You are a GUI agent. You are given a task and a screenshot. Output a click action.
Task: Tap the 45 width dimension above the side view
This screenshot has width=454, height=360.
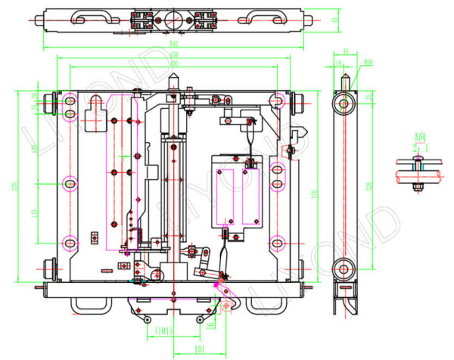[x=346, y=51]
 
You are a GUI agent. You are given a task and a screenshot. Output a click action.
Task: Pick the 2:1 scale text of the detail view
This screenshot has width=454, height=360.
[x=420, y=147]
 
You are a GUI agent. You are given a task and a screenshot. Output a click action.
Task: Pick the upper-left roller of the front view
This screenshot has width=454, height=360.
[x=51, y=100]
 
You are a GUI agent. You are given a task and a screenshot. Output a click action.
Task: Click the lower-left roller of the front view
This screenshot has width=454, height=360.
[x=51, y=267]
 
